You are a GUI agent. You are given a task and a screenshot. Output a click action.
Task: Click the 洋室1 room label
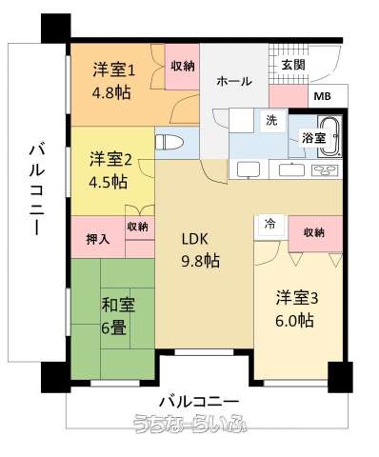coord(114,69)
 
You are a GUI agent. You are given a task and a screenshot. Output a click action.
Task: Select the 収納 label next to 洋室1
coord(184,66)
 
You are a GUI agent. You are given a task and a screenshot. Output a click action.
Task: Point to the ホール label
coord(234,82)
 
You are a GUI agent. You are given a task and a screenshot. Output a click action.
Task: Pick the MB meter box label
coord(322,96)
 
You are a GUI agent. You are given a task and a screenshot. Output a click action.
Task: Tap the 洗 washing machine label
coord(270,121)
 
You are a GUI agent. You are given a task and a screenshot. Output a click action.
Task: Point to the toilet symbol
coord(170,143)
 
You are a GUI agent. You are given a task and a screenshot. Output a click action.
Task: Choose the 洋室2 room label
coord(110,157)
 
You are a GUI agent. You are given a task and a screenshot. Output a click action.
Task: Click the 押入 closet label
coord(97,238)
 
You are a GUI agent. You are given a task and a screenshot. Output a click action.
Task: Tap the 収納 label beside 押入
coord(138,227)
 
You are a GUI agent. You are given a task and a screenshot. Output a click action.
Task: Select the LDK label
coord(195,238)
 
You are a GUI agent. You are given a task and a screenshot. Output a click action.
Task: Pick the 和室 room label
coord(119,305)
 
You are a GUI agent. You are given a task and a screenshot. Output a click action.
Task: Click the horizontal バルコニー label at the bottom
coord(198,397)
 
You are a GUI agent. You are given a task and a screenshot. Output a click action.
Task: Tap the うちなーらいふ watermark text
coord(190,425)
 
